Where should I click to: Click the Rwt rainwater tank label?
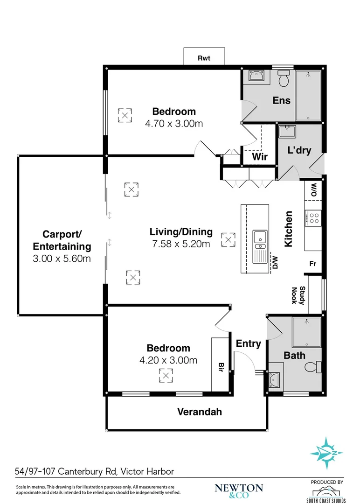204,58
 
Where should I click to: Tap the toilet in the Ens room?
284,80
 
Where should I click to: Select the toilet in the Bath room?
312,367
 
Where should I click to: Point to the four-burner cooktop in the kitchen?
313,217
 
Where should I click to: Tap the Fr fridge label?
313,264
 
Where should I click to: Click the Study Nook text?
298,295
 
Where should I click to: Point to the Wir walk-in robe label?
260,157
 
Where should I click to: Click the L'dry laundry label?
298,150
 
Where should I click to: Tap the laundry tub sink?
286,132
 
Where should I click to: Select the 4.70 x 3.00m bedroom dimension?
174,124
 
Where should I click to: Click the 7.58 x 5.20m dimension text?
181,244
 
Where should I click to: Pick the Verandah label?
199,412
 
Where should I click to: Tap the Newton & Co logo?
239,490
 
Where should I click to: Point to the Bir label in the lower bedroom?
220,367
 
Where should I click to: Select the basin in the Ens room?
256,76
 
